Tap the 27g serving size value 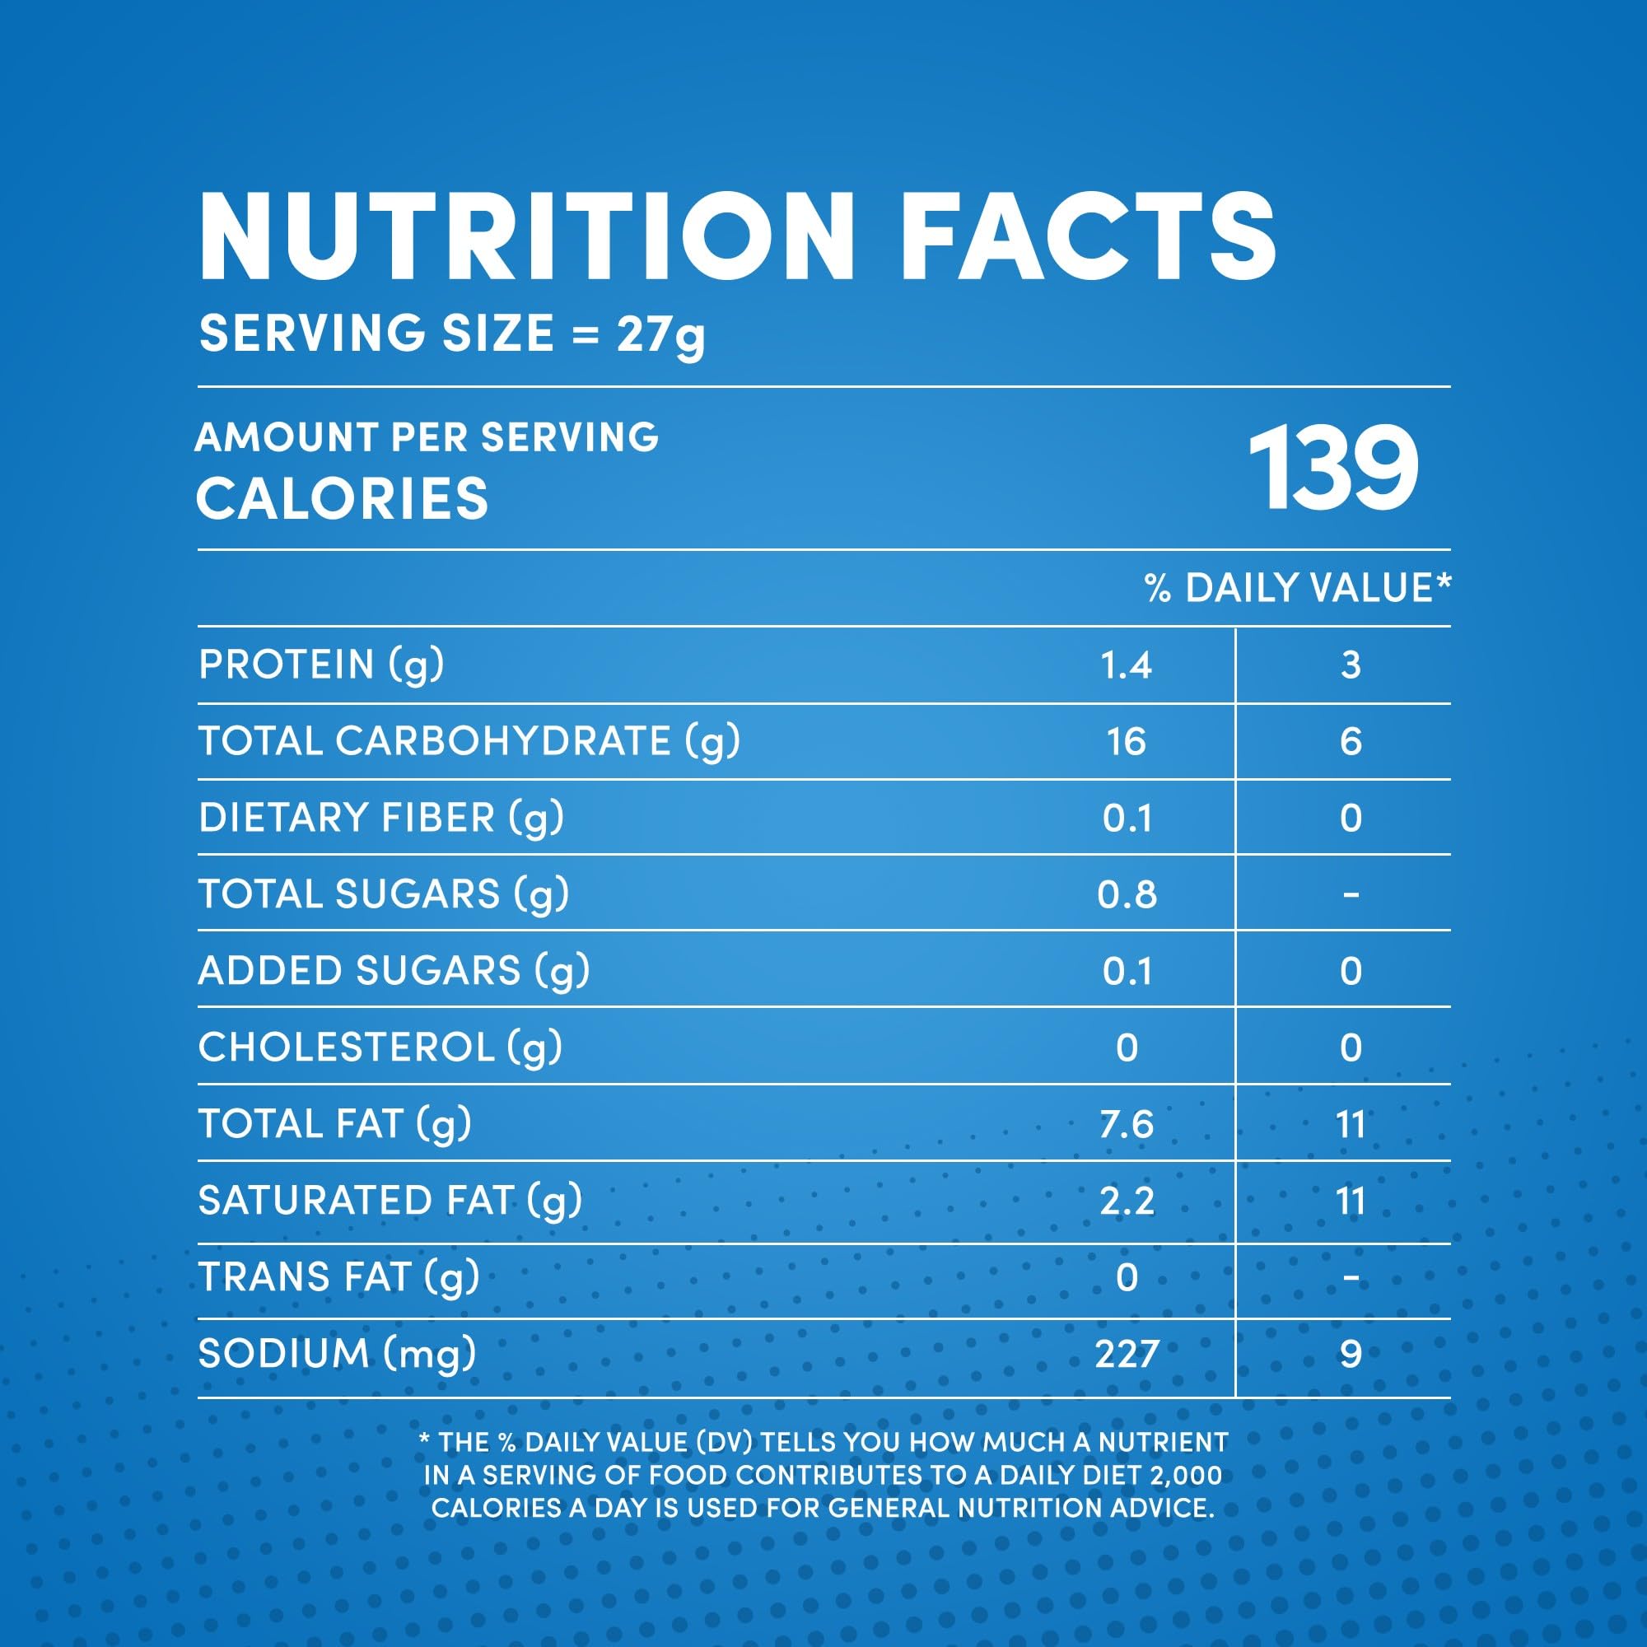click(660, 334)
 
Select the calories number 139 click(1332, 469)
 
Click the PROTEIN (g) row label click(321, 665)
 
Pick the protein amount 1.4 click(1126, 665)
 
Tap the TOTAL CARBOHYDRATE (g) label click(469, 741)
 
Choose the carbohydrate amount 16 click(1126, 742)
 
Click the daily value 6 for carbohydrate click(1351, 742)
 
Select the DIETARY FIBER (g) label click(381, 818)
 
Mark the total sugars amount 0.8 click(1126, 894)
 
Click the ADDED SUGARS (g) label click(394, 971)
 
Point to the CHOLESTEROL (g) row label click(380, 1047)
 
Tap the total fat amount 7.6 click(1126, 1124)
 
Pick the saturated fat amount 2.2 click(1126, 1201)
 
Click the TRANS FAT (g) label click(338, 1277)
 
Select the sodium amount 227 click(1126, 1354)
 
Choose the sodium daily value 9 click(1351, 1354)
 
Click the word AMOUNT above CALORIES click(285, 437)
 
